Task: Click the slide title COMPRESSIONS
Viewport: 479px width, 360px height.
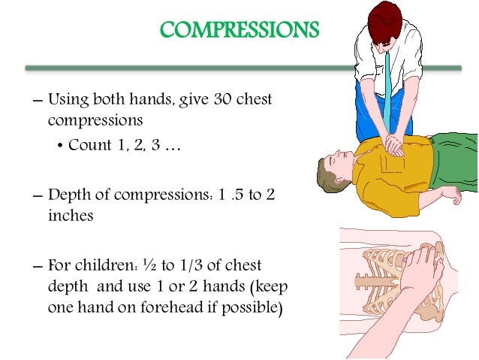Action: click(x=239, y=31)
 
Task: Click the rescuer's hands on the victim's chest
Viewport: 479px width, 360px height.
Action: click(x=394, y=144)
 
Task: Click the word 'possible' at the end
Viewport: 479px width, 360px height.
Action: click(x=253, y=307)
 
